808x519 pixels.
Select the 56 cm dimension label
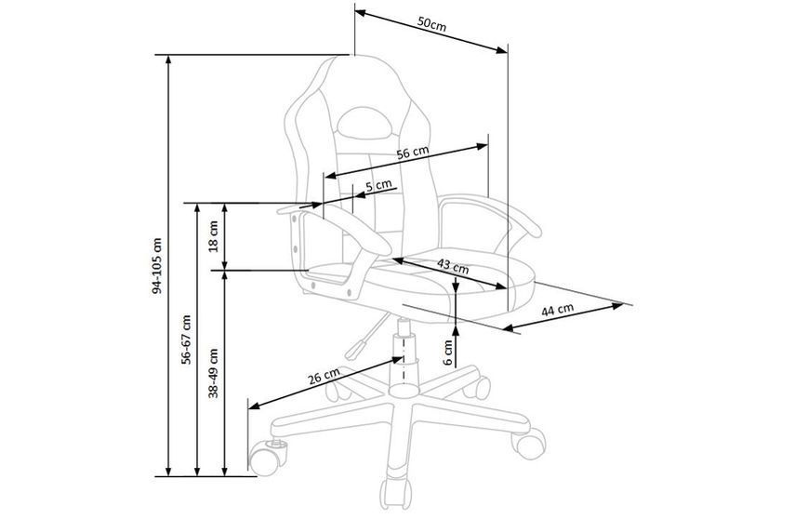click(412, 153)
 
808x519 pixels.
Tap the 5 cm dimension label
click(378, 185)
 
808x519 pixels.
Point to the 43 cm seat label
click(453, 266)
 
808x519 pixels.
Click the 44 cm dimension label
click(557, 310)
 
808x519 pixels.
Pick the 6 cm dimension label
click(448, 353)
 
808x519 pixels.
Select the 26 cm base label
click(325, 377)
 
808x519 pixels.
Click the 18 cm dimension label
click(213, 235)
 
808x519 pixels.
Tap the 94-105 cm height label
click(157, 266)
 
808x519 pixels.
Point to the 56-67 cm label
click(186, 339)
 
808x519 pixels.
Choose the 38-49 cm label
click(213, 373)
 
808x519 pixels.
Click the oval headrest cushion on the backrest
click(365, 122)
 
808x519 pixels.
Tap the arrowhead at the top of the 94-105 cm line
click(168, 60)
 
